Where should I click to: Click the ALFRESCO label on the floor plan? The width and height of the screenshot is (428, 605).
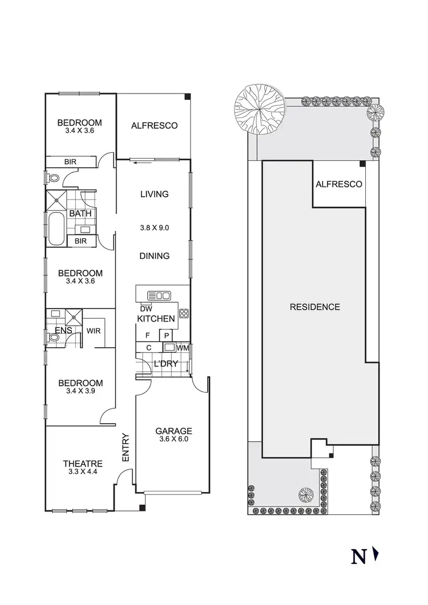click(154, 125)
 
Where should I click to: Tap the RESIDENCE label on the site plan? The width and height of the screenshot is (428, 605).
click(315, 307)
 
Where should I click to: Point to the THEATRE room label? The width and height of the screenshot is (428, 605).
click(83, 464)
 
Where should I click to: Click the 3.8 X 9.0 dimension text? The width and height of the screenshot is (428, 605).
click(154, 228)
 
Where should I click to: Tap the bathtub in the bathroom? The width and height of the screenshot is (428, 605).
click(56, 229)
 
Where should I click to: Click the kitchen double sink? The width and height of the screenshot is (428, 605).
click(159, 295)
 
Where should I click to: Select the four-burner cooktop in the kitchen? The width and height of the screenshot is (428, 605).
click(184, 312)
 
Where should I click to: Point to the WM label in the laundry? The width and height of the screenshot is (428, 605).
click(183, 347)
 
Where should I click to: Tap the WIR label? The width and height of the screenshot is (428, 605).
click(94, 330)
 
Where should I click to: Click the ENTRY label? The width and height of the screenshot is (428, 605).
click(126, 448)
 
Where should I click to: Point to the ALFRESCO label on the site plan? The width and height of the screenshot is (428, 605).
click(339, 184)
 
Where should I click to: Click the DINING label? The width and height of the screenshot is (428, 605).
click(154, 256)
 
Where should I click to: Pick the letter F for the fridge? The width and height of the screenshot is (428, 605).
click(148, 335)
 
